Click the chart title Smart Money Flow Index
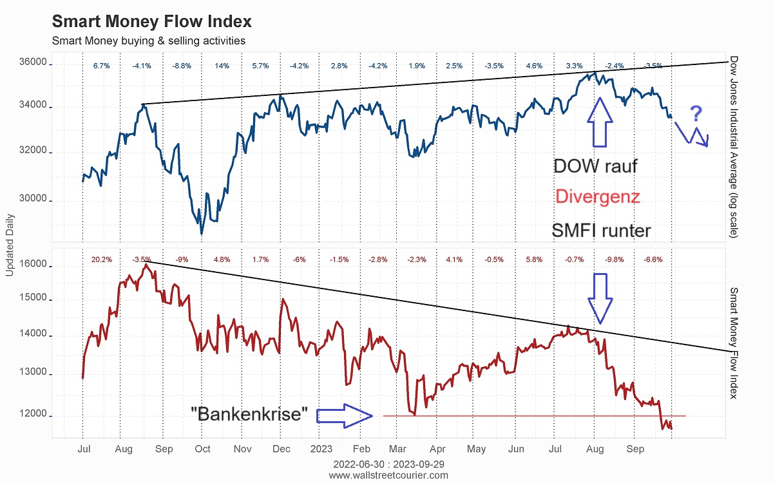(151, 21)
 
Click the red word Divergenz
(597, 196)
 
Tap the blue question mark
(696, 115)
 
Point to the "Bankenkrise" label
(250, 413)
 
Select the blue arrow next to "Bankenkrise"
(345, 416)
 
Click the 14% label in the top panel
(222, 66)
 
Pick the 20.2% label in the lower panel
(102, 260)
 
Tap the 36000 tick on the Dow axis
(32, 63)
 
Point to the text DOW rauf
(595, 166)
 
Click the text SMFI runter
(601, 231)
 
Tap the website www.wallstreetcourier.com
(388, 475)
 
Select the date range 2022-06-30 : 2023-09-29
(388, 464)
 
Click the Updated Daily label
(10, 247)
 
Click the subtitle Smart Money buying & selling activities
(148, 41)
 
